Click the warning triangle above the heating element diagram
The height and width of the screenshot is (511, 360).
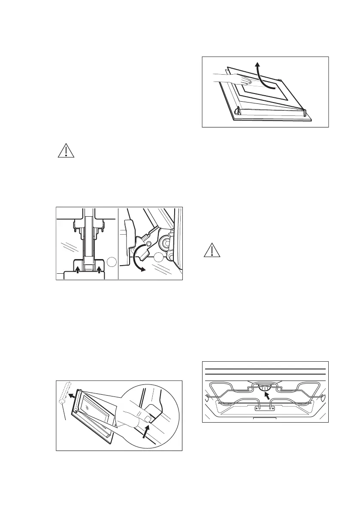(211, 250)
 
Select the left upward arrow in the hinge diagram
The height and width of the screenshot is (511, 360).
(77, 269)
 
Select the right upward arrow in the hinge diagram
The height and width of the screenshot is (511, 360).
(99, 269)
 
